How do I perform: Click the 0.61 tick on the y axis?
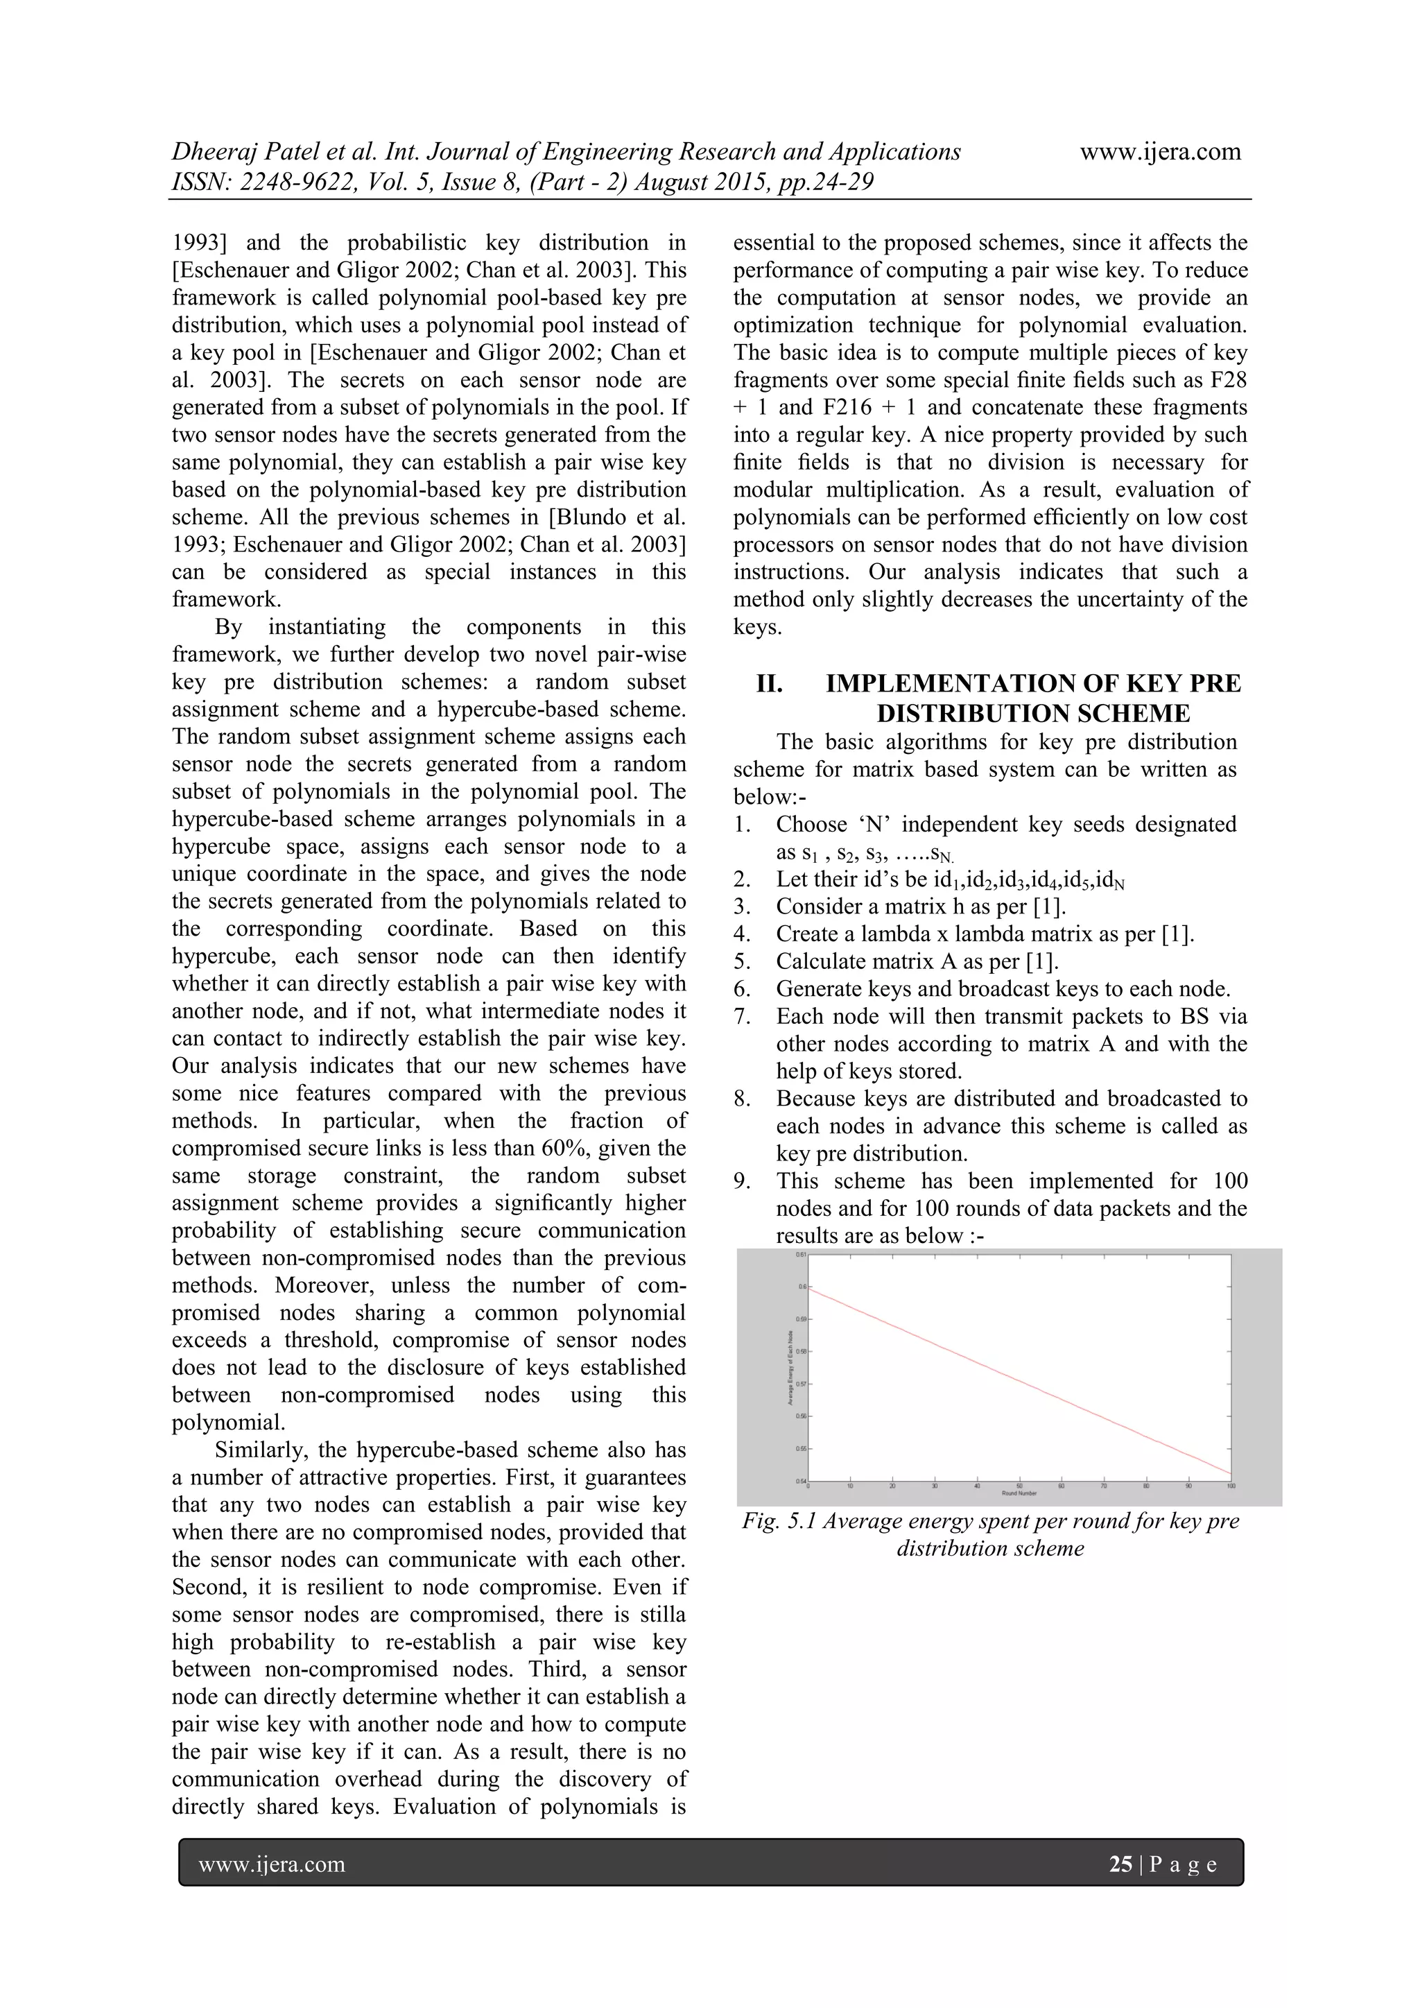(x=801, y=1255)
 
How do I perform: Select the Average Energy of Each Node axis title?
(x=790, y=1368)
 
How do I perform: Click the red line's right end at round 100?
(x=1229, y=1474)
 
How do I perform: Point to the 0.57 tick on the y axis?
(x=801, y=1384)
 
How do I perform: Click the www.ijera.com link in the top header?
(x=1160, y=152)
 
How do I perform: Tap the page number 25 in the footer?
(x=1120, y=1864)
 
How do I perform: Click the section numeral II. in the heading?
(x=770, y=684)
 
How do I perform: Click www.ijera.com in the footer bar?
(x=272, y=1864)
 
